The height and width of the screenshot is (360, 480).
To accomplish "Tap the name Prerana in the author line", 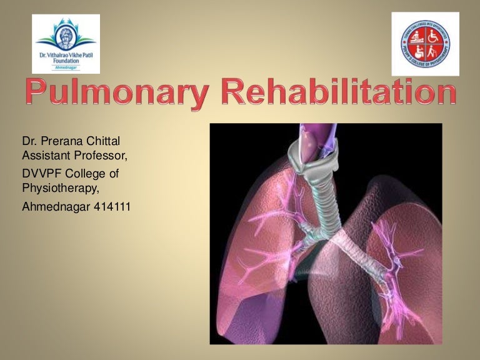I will tap(61, 139).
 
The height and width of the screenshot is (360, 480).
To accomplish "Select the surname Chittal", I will tap(102, 139).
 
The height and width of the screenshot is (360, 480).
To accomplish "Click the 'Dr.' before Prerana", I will tap(29, 139).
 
